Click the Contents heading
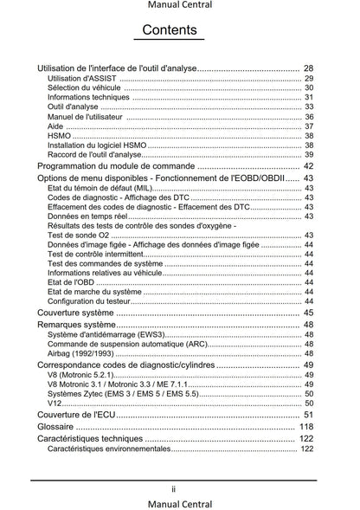pos(174,31)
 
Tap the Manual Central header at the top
pos(180,6)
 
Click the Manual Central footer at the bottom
pos(180,503)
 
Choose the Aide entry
pos(55,126)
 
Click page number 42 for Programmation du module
pos(308,166)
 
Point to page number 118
pos(305,427)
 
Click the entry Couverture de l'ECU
pos(77,415)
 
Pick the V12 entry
pos(55,403)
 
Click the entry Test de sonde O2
pos(78,236)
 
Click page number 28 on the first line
pos(308,68)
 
